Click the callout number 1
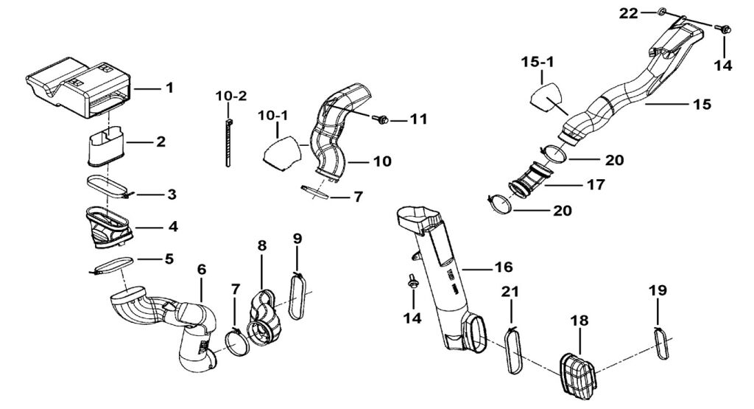tap(169, 88)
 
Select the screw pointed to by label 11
tap(382, 119)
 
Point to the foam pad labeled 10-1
tap(281, 153)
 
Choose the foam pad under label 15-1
tap(546, 97)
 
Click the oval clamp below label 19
tap(661, 343)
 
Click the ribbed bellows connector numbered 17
tap(529, 180)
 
